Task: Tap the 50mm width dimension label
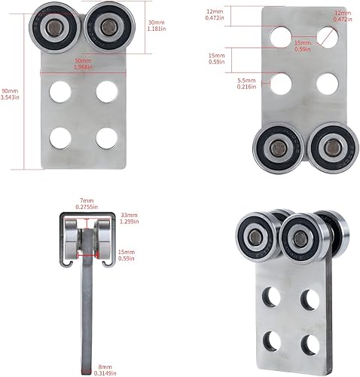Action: tap(84, 63)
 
